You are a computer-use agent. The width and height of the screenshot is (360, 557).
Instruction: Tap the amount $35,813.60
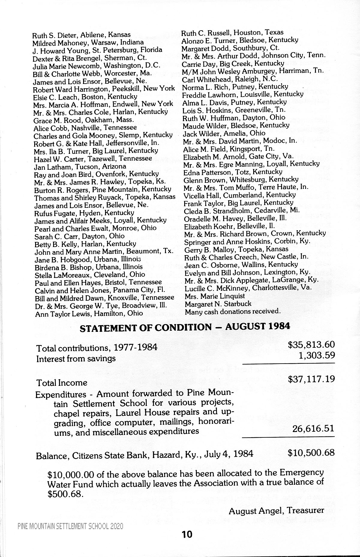pos(311,345)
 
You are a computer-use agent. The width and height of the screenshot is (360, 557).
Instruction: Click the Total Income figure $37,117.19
pos(311,380)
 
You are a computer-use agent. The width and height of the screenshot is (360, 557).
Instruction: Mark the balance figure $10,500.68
pos(311,452)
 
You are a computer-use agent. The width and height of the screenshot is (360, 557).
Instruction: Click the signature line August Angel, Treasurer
pos(276,511)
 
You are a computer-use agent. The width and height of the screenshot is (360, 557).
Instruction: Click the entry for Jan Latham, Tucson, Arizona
pos(80,166)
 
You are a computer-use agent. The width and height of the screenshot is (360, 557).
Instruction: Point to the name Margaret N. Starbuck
pos(218,304)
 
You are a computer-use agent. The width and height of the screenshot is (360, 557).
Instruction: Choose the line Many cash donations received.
pos(232,311)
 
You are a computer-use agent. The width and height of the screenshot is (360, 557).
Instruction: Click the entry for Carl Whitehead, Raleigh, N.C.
pos(230,79)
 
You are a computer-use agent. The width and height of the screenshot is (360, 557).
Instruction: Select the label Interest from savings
pos(76,359)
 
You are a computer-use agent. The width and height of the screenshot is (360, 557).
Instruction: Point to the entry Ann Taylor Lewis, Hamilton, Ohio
pos(89,314)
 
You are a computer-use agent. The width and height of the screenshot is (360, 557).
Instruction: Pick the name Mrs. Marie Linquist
pos(214,296)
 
